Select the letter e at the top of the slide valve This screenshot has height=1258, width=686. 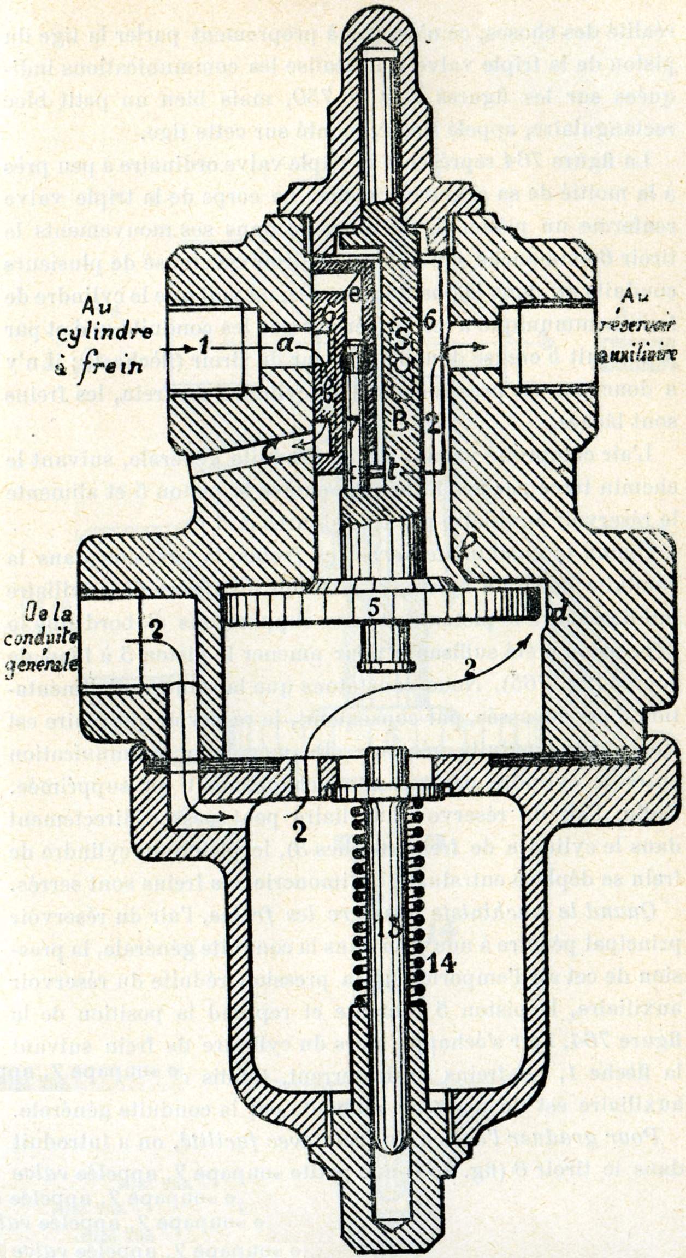point(354,297)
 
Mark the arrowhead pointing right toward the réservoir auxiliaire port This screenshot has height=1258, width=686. point(480,346)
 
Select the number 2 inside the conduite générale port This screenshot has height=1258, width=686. point(155,631)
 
